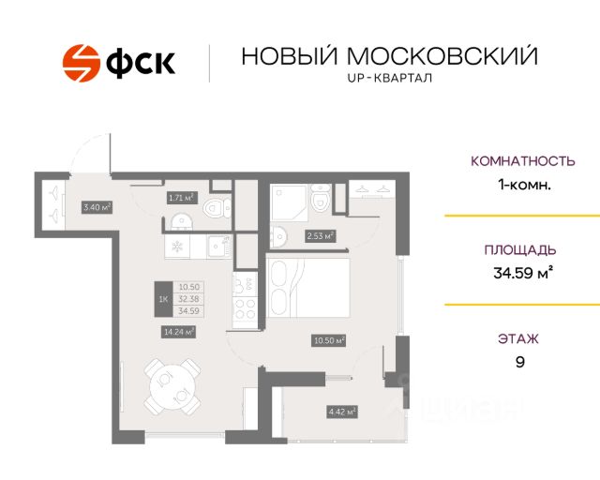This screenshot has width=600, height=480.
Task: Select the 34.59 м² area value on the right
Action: point(523,275)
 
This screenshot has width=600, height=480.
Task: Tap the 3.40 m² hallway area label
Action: point(97,207)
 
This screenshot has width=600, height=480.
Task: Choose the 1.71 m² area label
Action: point(180,198)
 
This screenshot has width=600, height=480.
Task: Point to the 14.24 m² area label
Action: point(178,331)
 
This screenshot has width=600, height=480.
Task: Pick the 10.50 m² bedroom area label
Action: point(329,341)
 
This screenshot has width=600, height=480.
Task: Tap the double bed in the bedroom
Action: point(308,291)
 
